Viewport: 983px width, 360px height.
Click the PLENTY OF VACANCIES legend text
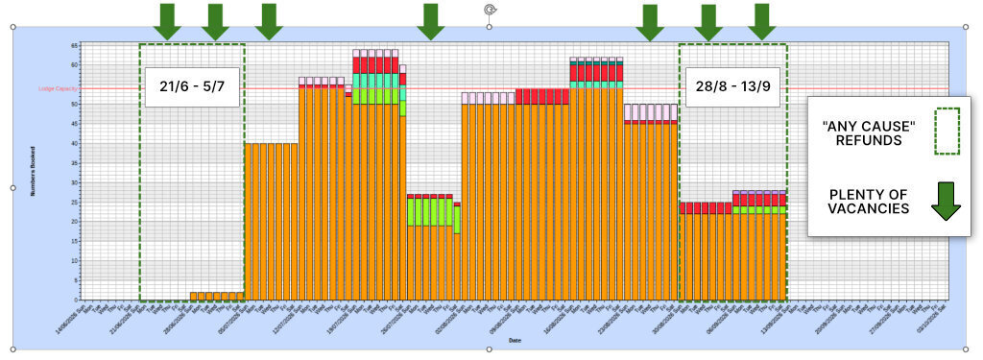(870, 199)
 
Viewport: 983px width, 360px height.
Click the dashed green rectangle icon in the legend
(947, 132)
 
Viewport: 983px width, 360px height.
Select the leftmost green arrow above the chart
(167, 21)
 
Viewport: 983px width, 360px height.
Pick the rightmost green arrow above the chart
(761, 21)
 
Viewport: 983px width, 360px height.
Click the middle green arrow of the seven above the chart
(431, 21)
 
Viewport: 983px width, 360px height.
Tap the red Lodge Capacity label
(58, 88)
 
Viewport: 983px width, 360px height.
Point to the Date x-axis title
(515, 340)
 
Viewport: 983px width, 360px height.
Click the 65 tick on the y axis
(74, 45)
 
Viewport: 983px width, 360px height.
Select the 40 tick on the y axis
(74, 143)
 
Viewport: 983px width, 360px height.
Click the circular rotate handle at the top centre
(491, 10)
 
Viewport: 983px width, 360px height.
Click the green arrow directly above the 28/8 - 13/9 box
(708, 21)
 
